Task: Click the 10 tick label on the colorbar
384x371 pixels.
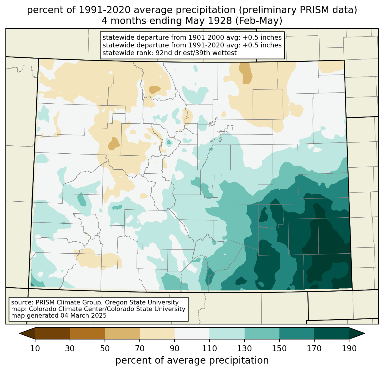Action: [x=35, y=348]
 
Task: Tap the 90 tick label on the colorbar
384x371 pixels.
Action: [x=175, y=348]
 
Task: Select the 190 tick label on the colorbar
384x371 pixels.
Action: [x=349, y=348]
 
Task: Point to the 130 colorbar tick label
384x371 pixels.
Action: [x=244, y=348]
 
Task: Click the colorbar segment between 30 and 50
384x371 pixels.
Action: [x=87, y=333]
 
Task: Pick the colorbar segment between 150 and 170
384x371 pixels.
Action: [x=297, y=333]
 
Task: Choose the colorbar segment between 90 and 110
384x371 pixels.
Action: [x=192, y=333]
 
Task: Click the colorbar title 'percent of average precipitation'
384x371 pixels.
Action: [x=192, y=360]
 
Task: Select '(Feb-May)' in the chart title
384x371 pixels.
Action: [x=259, y=21]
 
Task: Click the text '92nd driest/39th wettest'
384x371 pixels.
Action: [x=196, y=53]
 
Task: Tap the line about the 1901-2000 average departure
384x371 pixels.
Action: [x=192, y=37]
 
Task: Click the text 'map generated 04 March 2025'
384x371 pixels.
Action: [x=59, y=315]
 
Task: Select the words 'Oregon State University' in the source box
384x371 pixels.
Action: [x=142, y=302]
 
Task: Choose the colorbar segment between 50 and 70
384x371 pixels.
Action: [x=122, y=333]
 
